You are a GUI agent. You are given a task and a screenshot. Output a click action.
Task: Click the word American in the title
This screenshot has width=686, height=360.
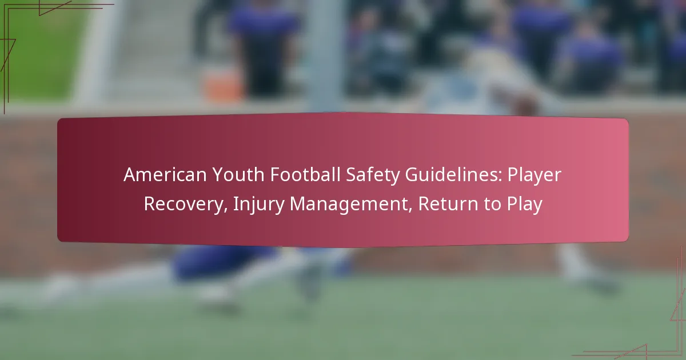[x=165, y=175]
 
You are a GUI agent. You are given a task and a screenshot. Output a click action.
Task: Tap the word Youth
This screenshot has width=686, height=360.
[x=238, y=175]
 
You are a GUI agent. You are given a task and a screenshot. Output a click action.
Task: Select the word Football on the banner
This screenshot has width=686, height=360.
[x=305, y=175]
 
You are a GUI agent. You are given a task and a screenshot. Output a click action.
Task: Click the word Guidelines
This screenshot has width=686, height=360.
[x=451, y=175]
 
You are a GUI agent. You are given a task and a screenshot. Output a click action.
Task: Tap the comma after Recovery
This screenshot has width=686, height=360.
[x=226, y=211]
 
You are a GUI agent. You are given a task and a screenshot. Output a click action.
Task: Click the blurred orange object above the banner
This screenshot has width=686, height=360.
[x=223, y=85]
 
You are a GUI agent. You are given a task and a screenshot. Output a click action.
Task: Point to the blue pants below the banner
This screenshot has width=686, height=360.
[x=223, y=262]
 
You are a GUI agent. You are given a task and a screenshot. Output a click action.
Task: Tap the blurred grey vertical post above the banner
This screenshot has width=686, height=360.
[x=326, y=55]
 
